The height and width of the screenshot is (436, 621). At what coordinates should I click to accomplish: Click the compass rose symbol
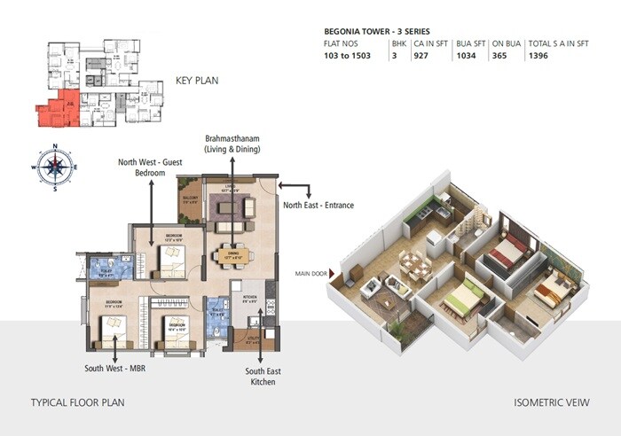point(55,167)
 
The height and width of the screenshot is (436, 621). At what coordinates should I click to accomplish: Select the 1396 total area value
point(541,56)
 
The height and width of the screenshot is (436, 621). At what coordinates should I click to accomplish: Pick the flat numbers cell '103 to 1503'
point(352,56)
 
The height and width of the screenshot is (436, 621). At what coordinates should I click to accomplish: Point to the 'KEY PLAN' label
point(197,80)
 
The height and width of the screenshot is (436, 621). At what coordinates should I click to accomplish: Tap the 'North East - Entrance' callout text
point(318,206)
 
